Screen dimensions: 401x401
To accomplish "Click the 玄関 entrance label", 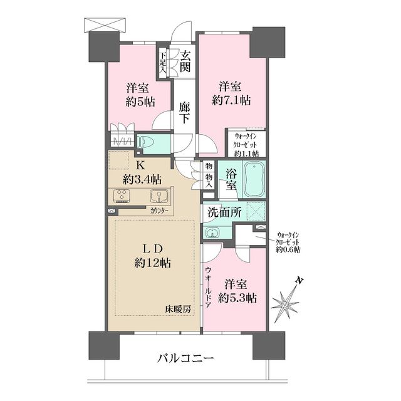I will pyautogui.click(x=185, y=61).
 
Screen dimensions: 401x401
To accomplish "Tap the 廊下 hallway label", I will pyautogui.click(x=185, y=113).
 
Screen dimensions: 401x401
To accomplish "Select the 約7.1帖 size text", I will pyautogui.click(x=231, y=100).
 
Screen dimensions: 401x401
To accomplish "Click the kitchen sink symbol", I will pyautogui.click(x=158, y=195).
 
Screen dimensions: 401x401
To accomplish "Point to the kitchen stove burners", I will pyautogui.click(x=121, y=196).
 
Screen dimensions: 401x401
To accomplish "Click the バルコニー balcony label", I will pyautogui.click(x=185, y=359).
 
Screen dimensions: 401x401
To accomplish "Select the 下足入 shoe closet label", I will pyautogui.click(x=163, y=62).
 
